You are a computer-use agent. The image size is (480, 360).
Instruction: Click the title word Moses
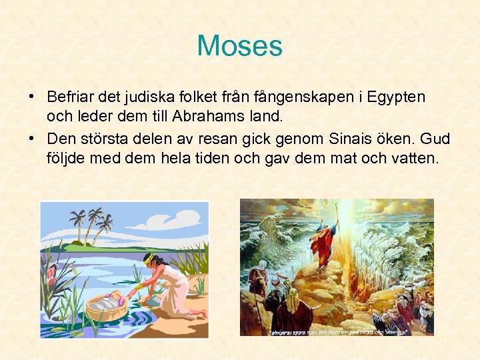(x=239, y=47)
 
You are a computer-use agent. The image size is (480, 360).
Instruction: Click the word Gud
(x=436, y=139)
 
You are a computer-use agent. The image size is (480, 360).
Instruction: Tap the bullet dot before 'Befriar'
(x=32, y=97)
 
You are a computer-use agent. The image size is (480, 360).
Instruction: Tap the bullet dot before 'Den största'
(x=32, y=139)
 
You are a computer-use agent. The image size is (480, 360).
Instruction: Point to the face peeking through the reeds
(x=51, y=269)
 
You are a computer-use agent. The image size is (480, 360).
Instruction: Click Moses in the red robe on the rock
(x=324, y=243)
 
